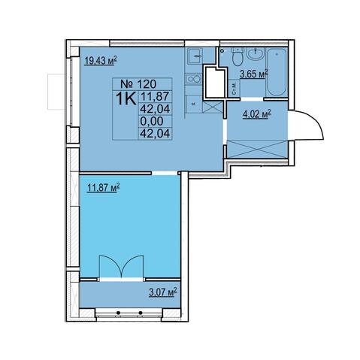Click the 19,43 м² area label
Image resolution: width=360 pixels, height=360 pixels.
coord(101,61)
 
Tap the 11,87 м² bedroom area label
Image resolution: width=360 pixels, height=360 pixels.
coord(103,188)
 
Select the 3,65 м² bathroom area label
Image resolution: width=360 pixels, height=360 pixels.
coord(254,74)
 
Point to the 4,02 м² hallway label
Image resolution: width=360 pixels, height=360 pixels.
coord(257,115)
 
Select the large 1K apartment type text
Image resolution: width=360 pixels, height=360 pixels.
coord(126,99)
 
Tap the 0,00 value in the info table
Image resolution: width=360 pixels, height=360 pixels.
coord(152,121)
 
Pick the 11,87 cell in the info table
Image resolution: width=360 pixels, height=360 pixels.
coord(156,96)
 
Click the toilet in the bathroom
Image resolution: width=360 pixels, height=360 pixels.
coord(237,56)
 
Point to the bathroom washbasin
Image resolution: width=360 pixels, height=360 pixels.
coord(256,54)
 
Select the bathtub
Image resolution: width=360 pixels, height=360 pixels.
coord(277,72)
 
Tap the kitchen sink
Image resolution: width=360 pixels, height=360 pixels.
coord(195,56)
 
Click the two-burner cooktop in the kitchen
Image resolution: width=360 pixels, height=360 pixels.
coord(194,79)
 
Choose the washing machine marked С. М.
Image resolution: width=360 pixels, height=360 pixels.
coord(234,88)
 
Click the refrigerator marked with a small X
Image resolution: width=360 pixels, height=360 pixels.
coord(193,104)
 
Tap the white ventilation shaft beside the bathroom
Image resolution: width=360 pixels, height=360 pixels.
coord(215,82)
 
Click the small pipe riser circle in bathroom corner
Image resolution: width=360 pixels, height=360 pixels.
coord(221,50)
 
